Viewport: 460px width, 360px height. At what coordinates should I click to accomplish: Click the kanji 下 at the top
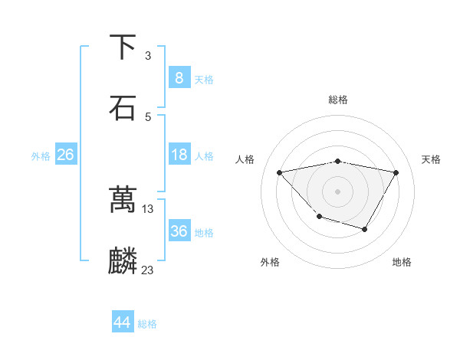coord(123,47)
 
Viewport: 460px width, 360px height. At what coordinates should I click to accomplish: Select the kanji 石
coord(123,107)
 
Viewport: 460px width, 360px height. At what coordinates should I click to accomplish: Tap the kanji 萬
coord(123,200)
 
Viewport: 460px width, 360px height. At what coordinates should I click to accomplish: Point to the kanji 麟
coord(123,260)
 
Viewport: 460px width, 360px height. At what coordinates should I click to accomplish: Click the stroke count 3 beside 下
coord(148,56)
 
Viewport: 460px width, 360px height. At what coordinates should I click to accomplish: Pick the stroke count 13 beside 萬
coord(148,208)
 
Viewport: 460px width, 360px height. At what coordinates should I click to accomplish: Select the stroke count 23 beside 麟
coord(148,270)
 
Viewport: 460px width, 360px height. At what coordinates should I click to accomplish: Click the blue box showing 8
coord(179,78)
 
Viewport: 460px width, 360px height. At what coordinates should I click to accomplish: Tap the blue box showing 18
coord(179,155)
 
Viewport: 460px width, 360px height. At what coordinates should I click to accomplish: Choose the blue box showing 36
coord(179,231)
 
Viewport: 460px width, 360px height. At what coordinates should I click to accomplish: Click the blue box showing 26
coord(65,155)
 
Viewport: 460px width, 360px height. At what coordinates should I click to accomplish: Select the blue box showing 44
coord(122,322)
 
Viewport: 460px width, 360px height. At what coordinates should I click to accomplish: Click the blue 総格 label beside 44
coord(147,324)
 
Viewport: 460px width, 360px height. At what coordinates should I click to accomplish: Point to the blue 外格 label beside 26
coord(41,156)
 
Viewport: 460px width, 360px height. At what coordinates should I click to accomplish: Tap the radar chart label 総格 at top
coord(338,100)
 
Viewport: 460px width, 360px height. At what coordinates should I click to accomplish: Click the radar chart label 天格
coord(432,159)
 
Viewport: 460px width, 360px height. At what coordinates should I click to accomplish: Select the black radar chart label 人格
coord(245,159)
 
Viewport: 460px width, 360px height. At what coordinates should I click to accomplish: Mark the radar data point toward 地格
coord(365,229)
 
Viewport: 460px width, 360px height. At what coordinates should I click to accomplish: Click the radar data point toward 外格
coord(319,218)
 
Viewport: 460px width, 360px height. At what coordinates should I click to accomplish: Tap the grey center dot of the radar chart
coord(338,191)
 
